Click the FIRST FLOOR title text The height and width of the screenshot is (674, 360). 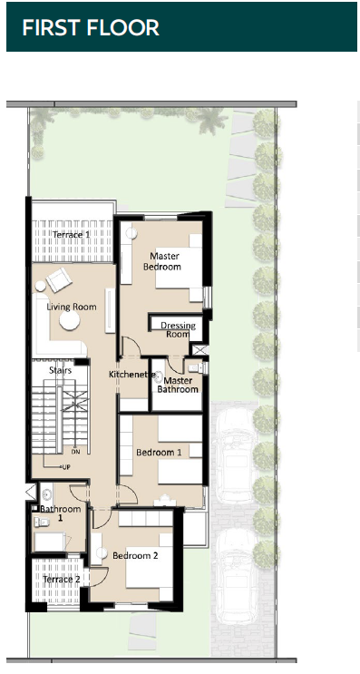tap(91, 27)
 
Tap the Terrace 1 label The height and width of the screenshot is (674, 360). tap(72, 235)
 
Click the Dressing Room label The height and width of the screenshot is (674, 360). tap(179, 329)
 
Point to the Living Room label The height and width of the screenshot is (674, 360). tap(72, 307)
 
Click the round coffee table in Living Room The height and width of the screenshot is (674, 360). tap(70, 320)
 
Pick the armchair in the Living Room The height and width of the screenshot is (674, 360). tap(59, 279)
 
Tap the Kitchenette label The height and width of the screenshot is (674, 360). tap(131, 375)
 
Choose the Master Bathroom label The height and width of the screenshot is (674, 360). tap(178, 385)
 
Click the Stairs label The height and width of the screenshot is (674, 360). tap(60, 370)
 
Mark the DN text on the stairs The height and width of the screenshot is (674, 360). tap(75, 452)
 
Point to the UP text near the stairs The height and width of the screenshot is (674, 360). tap(66, 467)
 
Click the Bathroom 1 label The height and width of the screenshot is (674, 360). tap(61, 513)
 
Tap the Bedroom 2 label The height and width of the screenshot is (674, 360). tap(135, 556)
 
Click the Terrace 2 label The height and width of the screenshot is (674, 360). tap(62, 580)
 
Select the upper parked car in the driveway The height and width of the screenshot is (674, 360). tap(236, 455)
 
